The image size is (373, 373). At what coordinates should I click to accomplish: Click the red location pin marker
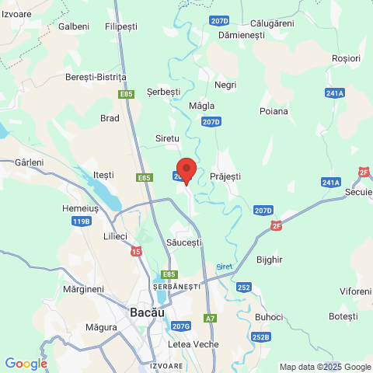(x=186, y=170)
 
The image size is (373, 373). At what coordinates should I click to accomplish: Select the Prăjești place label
(x=225, y=177)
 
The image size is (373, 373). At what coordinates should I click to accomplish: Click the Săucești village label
(x=184, y=243)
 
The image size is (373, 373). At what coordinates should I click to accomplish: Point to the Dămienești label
(x=242, y=36)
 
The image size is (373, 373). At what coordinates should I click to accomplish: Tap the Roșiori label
(x=346, y=58)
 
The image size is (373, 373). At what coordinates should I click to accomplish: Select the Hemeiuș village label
(x=80, y=209)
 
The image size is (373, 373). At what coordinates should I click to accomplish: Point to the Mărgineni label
(x=84, y=289)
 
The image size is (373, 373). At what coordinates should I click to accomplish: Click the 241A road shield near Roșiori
(x=334, y=92)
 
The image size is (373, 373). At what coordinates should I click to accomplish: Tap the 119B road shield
(x=81, y=221)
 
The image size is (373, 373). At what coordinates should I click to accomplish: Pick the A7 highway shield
(x=210, y=318)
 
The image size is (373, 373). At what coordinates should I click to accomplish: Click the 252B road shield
(x=261, y=336)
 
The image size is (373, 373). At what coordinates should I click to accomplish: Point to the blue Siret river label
(x=224, y=267)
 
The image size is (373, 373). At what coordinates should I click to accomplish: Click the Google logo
(x=26, y=364)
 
